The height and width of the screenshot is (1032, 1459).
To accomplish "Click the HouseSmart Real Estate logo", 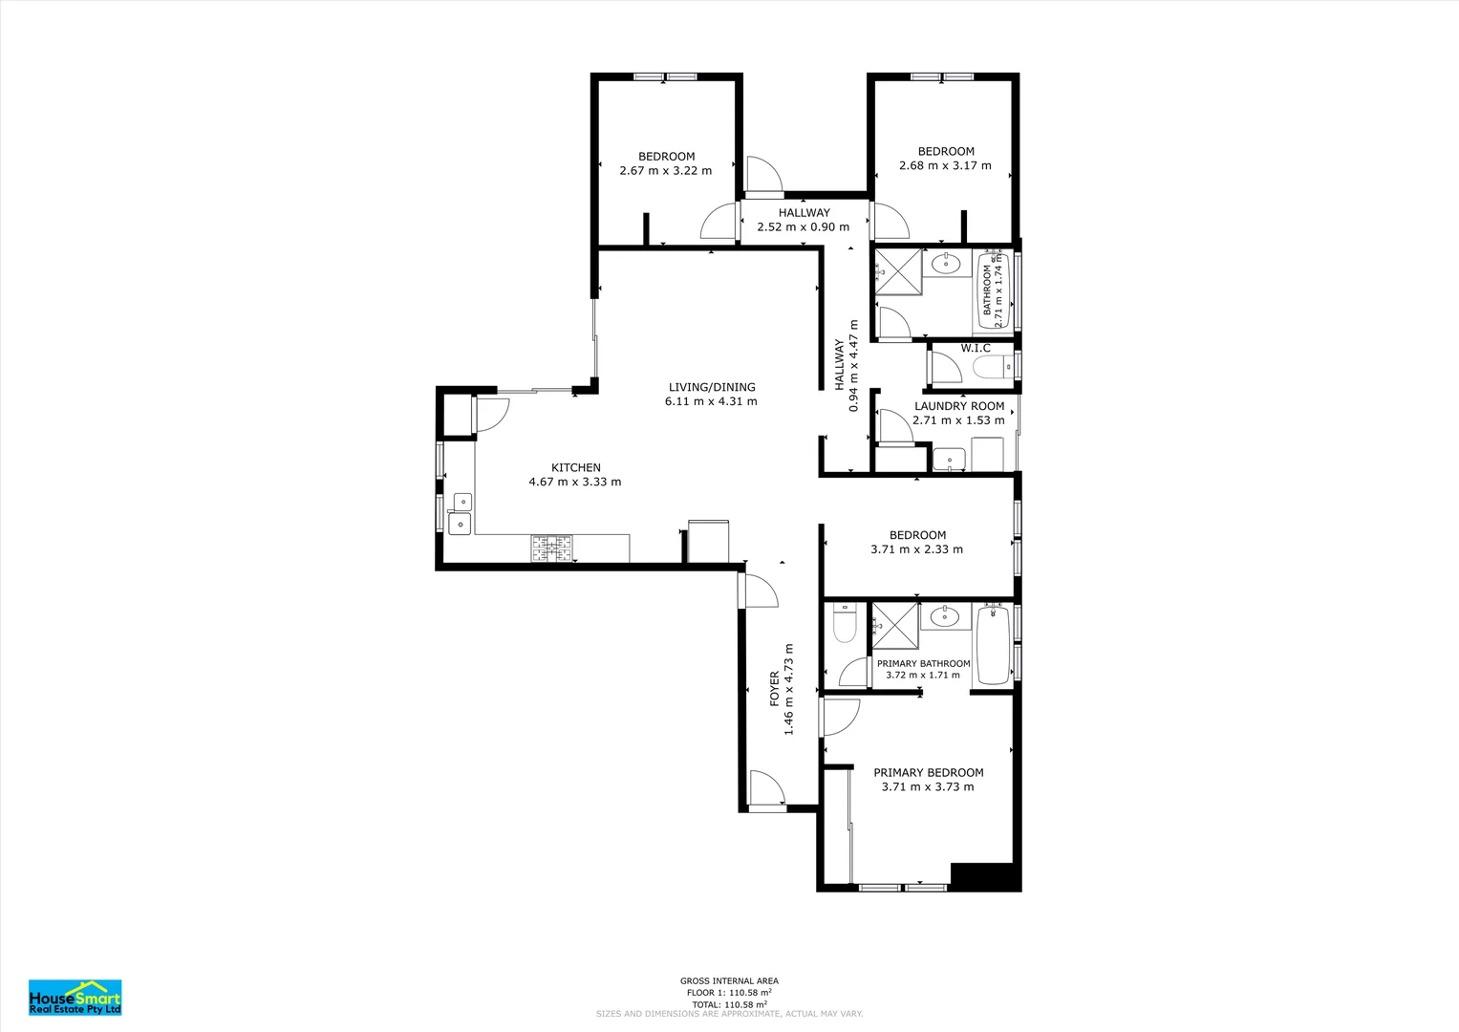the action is (x=75, y=998).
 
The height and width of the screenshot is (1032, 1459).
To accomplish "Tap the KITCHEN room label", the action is (x=576, y=467).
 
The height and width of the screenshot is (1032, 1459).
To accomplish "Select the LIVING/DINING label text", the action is (x=712, y=387).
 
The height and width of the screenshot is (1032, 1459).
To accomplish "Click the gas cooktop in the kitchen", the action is (x=551, y=548).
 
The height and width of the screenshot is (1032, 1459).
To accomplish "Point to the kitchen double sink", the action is (x=460, y=513).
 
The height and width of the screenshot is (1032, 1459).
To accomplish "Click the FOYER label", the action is (x=775, y=689).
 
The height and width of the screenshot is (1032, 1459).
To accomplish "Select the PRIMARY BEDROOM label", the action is (x=928, y=773).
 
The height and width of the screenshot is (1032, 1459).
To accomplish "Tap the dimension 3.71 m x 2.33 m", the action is (x=916, y=549).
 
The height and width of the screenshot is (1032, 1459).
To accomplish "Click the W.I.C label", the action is (x=975, y=348).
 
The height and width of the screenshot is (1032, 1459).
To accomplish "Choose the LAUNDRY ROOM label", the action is (x=958, y=406).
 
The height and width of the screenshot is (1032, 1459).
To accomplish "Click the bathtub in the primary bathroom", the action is (x=994, y=645).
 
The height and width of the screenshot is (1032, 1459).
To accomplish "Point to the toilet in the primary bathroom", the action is (x=844, y=623).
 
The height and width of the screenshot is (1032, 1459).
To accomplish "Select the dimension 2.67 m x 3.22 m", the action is (x=666, y=171).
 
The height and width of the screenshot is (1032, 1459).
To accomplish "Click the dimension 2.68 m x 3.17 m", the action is (x=945, y=165).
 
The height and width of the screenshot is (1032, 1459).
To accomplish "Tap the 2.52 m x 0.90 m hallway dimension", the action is (x=804, y=226).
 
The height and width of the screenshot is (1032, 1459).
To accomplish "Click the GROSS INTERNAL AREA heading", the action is (x=730, y=980).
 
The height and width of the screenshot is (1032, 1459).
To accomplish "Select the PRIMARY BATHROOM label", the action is (x=924, y=663).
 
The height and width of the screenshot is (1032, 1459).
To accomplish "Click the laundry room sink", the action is (x=949, y=459).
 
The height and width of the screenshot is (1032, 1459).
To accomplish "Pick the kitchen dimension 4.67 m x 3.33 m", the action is (x=575, y=483).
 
